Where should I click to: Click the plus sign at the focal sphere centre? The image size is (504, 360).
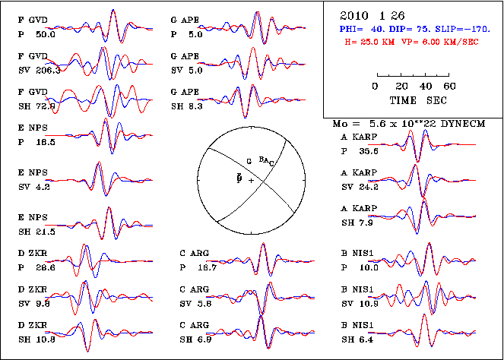pos(251,180)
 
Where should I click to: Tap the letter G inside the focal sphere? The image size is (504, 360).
pos(248,161)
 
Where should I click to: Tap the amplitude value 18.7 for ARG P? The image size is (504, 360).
pos(208,268)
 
